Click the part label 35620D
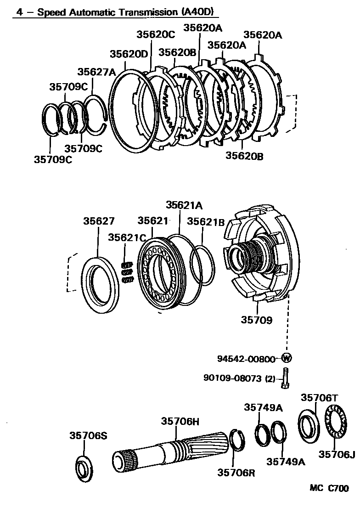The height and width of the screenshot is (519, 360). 129,54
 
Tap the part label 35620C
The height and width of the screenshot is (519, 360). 156,34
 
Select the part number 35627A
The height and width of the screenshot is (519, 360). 96,72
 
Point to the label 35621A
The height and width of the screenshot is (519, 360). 184,205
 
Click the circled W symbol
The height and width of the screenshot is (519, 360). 287,358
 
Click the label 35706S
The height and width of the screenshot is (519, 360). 88,435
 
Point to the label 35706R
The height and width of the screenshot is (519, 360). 236,472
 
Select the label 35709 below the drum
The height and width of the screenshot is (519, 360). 256,320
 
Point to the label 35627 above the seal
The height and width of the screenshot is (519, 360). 99,221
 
